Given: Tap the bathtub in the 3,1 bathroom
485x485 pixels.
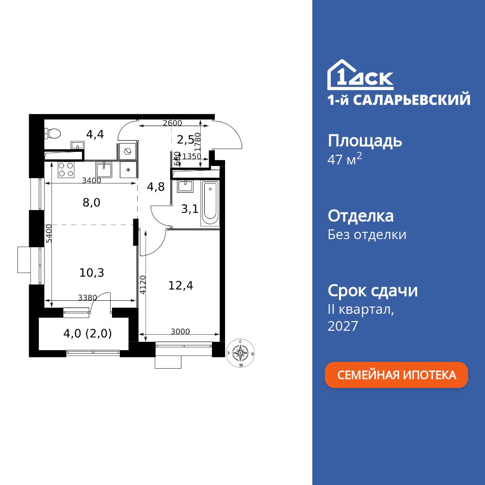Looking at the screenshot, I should tap(210, 204).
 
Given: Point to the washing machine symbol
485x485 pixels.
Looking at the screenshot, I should tap(128, 151).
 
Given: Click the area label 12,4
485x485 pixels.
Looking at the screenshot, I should tap(181, 286).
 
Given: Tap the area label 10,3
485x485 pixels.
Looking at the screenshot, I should tap(92, 273).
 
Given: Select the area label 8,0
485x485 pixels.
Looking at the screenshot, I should tap(91, 202).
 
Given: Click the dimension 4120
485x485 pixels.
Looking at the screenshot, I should tap(143, 286).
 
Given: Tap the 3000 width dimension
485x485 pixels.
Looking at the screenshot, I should tap(180, 332).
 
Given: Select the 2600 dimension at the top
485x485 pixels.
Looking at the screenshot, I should tap(172, 123).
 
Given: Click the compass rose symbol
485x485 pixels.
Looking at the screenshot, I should tap(240, 353).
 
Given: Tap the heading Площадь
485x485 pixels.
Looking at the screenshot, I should tap(365, 141).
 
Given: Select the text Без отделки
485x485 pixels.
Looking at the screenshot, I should tap(367, 235).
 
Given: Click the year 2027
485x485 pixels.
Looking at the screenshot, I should tap(343, 326).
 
